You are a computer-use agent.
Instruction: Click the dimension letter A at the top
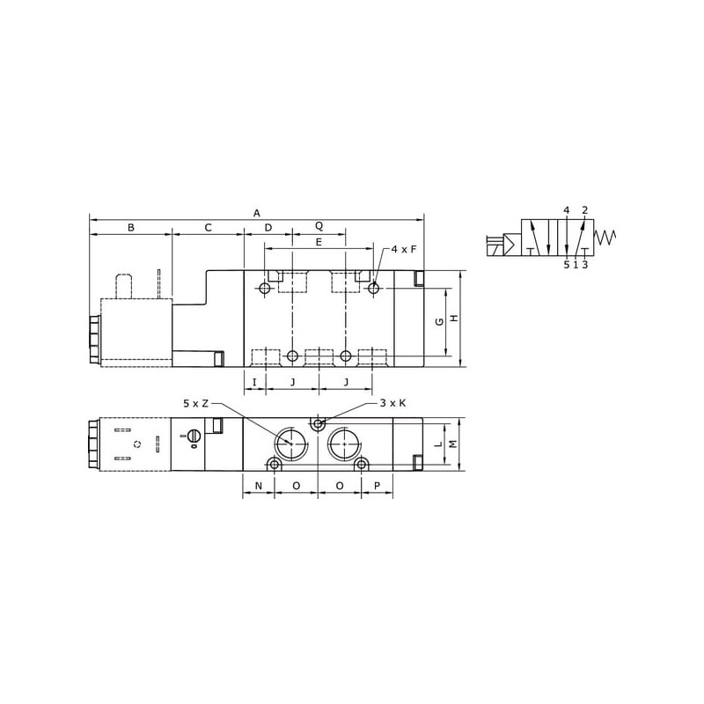(256, 213)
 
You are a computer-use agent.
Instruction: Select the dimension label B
(130, 228)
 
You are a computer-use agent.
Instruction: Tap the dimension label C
(208, 228)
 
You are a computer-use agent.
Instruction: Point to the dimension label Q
(319, 226)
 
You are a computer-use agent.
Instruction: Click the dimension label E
(319, 243)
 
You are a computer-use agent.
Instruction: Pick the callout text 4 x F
(404, 249)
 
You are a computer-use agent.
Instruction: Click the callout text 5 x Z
(195, 404)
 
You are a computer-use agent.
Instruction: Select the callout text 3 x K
(392, 403)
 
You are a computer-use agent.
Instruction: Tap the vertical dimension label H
(454, 319)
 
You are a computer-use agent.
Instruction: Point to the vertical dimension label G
(439, 321)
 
